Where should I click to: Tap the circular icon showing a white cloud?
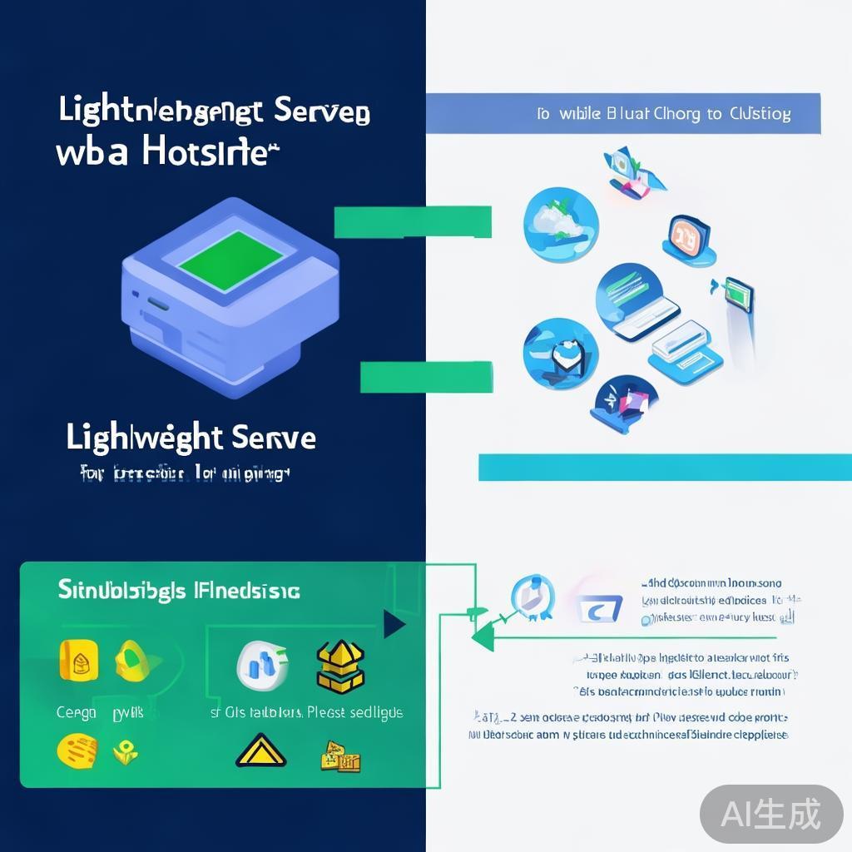[x=560, y=220]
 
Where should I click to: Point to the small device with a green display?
[x=738, y=295]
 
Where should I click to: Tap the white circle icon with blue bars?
[x=263, y=664]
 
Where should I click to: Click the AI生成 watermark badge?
[x=770, y=813]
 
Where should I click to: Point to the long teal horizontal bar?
[x=664, y=467]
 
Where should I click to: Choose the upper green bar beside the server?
[x=413, y=222]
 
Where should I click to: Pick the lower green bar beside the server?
[x=426, y=376]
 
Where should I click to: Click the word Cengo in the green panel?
[x=76, y=713]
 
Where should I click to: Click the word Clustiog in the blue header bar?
[x=760, y=114]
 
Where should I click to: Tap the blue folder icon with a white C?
[x=598, y=609]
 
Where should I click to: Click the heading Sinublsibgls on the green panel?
[x=122, y=591]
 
